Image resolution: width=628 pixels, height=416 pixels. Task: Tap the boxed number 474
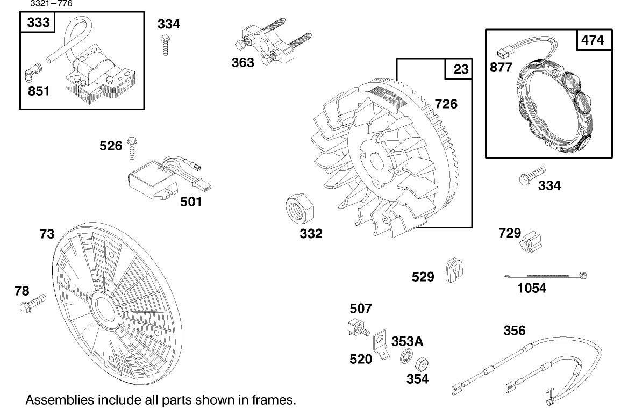[593, 40]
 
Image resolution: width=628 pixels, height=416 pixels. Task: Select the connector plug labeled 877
[502, 52]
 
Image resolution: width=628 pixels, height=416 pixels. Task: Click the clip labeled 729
[530, 241]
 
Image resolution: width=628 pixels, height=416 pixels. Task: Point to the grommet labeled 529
[454, 270]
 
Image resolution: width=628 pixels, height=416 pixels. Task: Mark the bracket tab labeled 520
[380, 344]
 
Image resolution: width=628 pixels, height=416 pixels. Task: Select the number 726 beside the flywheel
[446, 103]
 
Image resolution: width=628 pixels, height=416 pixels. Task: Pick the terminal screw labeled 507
[356, 327]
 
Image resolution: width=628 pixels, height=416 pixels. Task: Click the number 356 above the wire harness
[515, 330]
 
